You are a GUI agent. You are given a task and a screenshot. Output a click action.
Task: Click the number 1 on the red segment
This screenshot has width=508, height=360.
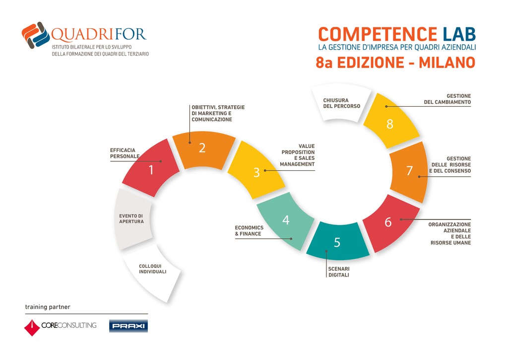[x=151, y=170]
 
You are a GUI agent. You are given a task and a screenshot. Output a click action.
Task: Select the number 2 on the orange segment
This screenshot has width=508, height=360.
[x=202, y=148]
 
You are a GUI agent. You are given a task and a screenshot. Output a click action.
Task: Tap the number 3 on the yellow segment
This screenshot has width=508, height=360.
[x=256, y=172]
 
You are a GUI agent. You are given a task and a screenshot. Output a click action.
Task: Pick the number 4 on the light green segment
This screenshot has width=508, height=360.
[x=286, y=220]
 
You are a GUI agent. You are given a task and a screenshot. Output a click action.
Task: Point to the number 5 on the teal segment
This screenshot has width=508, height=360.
[x=337, y=243]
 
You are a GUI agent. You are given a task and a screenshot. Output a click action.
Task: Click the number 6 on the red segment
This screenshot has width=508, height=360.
[x=388, y=222]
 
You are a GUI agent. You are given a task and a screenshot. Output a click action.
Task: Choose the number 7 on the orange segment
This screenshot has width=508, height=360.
[x=409, y=171]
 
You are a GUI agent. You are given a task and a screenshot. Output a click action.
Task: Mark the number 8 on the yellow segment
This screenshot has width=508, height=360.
[x=390, y=124]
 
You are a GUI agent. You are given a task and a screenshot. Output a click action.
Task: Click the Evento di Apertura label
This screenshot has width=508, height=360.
[x=131, y=218]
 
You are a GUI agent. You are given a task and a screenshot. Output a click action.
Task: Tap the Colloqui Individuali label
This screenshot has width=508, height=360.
[x=153, y=269]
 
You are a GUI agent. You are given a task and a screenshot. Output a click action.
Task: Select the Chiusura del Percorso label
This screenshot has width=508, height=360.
[x=341, y=103]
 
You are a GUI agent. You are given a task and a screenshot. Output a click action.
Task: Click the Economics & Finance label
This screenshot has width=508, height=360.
[x=249, y=230]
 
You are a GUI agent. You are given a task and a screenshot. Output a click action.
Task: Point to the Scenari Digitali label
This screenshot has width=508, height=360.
[x=339, y=272]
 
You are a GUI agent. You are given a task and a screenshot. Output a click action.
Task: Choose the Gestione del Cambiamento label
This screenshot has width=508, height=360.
[x=447, y=99]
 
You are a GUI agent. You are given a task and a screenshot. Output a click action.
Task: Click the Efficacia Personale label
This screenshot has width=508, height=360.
[x=125, y=153]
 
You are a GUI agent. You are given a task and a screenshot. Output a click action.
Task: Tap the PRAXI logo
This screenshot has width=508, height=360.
[x=128, y=326]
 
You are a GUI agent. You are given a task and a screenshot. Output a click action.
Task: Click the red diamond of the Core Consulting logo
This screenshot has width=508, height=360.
[x=32, y=328]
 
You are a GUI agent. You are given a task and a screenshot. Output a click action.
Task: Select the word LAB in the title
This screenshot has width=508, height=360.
[x=459, y=34]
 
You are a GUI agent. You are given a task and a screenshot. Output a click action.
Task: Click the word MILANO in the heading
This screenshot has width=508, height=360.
[x=447, y=63]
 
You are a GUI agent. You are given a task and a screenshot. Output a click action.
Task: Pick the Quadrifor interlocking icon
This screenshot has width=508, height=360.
[x=36, y=35]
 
